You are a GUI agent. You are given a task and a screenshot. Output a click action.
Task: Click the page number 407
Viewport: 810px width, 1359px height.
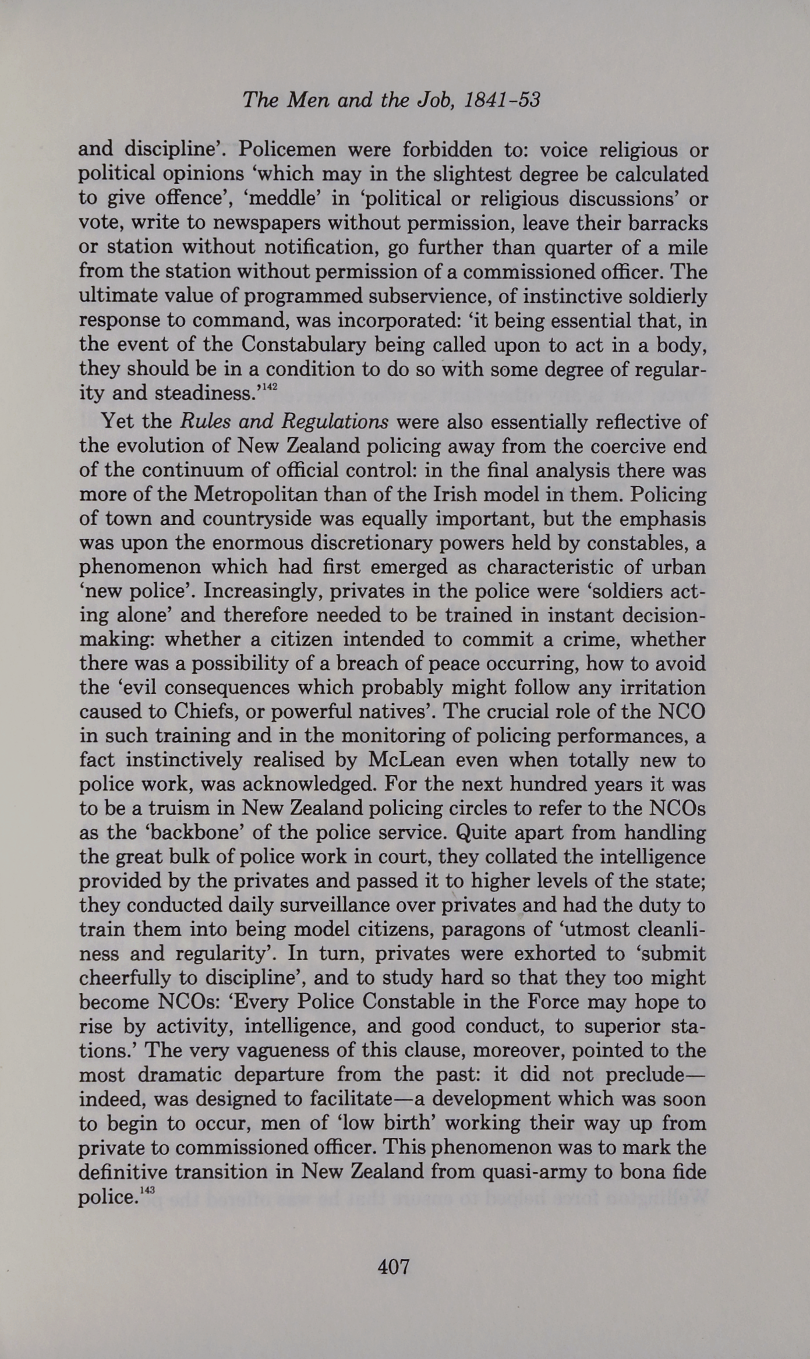[394, 1266]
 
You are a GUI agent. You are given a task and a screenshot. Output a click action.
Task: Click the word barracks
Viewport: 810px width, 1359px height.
[670, 223]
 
